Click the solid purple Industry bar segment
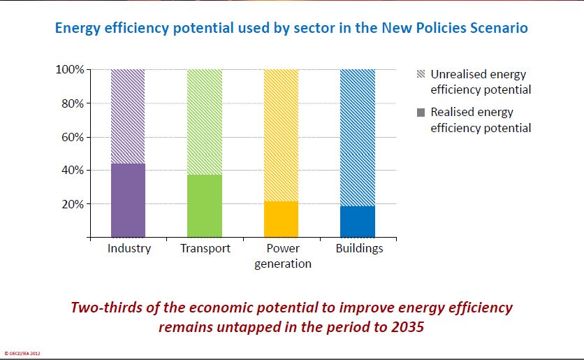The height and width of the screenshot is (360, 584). (129, 201)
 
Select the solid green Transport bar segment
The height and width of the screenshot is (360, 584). (205, 206)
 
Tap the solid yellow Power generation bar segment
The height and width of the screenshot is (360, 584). (281, 219)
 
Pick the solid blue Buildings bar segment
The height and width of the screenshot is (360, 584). (358, 222)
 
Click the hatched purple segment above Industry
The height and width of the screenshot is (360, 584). (129, 116)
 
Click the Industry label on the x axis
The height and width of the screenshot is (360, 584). (129, 249)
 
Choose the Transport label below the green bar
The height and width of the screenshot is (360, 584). (205, 249)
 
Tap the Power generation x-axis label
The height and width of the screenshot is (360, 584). (282, 256)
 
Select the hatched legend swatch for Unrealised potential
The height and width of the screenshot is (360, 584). (421, 74)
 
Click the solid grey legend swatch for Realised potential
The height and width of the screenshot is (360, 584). (421, 112)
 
